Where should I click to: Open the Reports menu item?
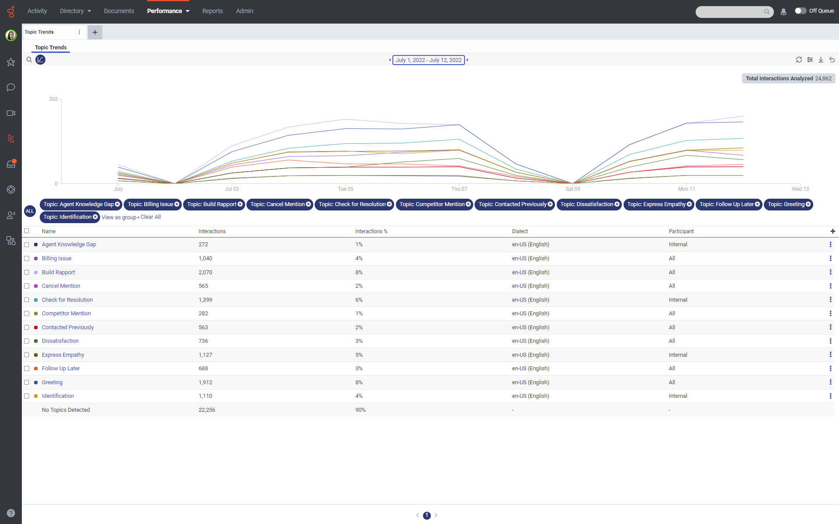(212, 11)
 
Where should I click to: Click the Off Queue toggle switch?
(800, 11)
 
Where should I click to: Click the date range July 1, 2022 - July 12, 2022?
(428, 60)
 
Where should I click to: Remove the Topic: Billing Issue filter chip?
(177, 204)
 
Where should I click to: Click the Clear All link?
(150, 217)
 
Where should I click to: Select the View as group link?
(119, 217)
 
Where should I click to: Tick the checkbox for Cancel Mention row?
(27, 286)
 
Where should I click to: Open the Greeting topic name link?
(52, 383)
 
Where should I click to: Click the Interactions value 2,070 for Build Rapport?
(205, 272)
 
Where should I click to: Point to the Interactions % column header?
(371, 231)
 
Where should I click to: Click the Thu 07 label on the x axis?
(459, 189)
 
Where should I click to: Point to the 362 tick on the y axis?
(53, 99)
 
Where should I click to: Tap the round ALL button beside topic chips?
(30, 211)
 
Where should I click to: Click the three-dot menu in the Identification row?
(830, 396)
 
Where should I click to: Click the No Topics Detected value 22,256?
(207, 410)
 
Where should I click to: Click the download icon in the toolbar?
(821, 60)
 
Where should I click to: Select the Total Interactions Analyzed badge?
(788, 79)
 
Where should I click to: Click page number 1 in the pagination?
(427, 515)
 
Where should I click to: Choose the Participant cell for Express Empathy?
(678, 355)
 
